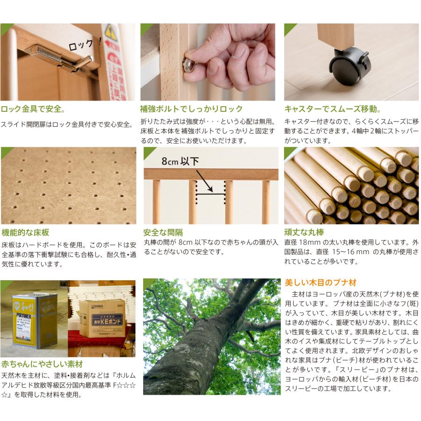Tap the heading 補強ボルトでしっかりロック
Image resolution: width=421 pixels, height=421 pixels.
pos(191,109)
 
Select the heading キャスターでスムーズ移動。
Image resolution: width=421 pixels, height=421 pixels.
pos(332,109)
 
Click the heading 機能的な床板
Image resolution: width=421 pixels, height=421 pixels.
pos(25,232)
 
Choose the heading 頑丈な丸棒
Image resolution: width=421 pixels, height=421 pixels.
pos(304,232)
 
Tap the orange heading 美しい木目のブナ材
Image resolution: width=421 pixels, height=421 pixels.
pos(320,283)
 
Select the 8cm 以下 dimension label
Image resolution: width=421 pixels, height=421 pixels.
pos(180,161)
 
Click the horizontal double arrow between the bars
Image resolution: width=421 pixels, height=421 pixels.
pos(210,190)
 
